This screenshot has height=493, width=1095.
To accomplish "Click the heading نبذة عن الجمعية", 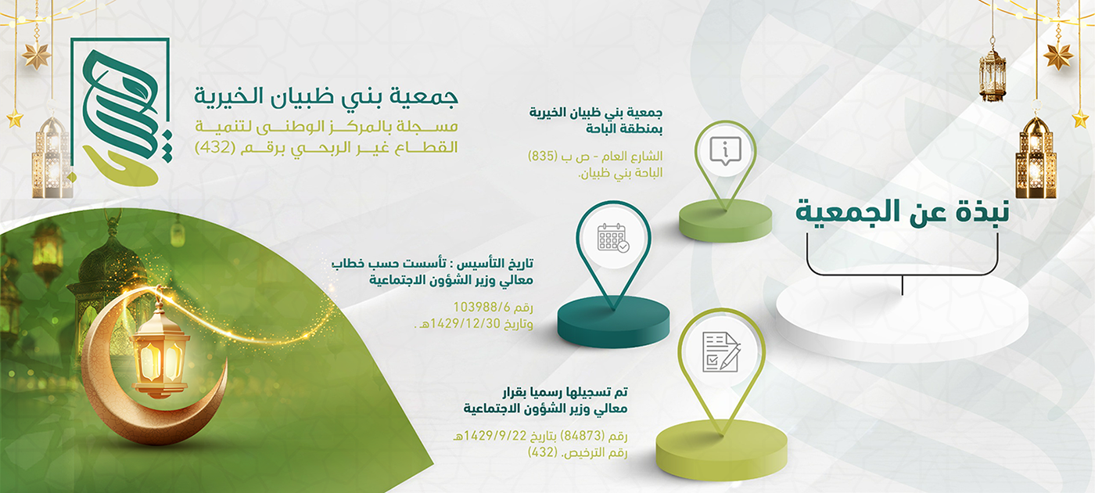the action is [902, 213].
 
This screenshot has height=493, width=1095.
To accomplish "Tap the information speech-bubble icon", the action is [726, 150].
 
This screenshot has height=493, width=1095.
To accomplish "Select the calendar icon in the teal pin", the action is [613, 238].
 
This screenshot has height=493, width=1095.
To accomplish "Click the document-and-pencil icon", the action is [721, 352].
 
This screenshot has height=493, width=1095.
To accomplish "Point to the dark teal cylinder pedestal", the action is [613, 322].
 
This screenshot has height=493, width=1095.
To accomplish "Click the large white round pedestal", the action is [902, 313].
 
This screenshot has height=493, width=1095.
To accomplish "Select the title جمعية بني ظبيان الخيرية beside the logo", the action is [326, 96].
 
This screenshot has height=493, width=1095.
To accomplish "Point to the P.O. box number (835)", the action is [543, 156].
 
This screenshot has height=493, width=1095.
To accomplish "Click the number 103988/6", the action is [482, 307].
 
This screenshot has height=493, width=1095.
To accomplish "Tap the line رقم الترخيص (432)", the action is [577, 452].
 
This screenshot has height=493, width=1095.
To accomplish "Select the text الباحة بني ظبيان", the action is [621, 173].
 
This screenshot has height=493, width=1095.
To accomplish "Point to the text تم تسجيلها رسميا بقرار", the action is [565, 392].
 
